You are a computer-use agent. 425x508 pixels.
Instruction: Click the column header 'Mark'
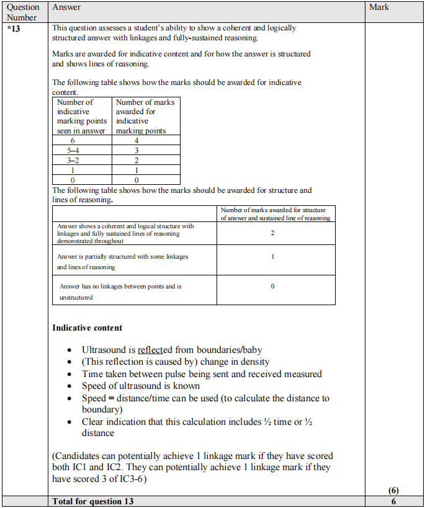click(x=379, y=7)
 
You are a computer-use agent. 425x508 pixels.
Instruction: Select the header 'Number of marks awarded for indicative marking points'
click(x=145, y=116)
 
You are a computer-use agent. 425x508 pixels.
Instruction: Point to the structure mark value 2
click(x=273, y=233)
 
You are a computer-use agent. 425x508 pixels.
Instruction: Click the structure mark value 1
click(x=273, y=256)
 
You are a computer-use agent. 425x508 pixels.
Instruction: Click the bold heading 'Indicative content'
click(x=87, y=328)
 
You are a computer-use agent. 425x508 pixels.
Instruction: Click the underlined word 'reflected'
click(x=155, y=350)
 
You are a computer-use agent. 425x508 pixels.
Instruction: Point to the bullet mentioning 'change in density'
click(x=176, y=362)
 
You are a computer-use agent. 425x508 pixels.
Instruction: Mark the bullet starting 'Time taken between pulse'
click(x=202, y=374)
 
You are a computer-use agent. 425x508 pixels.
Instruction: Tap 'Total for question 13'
click(x=93, y=501)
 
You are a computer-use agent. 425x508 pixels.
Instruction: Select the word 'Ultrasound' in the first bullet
click(x=104, y=350)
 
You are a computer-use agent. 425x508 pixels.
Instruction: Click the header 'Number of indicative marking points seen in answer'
click(x=81, y=116)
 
